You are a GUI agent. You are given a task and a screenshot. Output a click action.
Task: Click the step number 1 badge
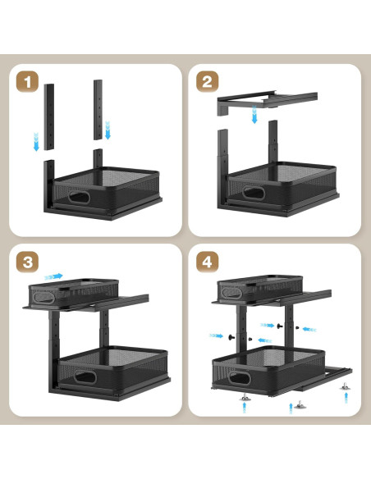28,83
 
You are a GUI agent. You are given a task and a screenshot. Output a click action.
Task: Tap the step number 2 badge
207,83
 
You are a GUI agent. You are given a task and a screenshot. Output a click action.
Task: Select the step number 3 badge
28,262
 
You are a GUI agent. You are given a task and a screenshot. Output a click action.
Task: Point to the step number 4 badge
207,262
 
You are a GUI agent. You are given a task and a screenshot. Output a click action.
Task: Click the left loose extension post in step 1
48,115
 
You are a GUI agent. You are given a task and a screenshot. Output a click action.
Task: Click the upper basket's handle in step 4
230,290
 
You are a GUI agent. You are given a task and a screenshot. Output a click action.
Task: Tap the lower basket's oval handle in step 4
239,378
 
